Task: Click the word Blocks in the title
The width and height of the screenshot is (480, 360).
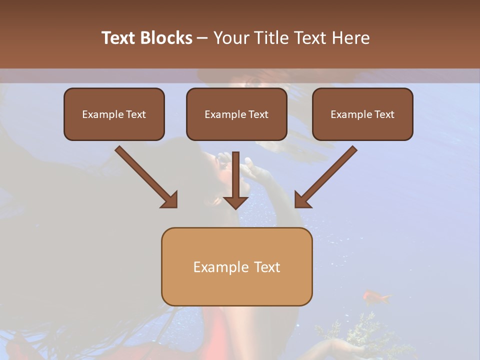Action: (x=165, y=38)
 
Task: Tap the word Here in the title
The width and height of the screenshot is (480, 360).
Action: (x=350, y=38)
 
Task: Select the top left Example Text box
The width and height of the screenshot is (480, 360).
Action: (x=114, y=114)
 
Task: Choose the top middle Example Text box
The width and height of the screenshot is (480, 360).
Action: (x=236, y=114)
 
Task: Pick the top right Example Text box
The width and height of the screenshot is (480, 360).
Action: (x=362, y=114)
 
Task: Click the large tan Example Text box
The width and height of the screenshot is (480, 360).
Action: (x=236, y=266)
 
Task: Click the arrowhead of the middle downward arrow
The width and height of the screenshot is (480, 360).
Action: (x=235, y=202)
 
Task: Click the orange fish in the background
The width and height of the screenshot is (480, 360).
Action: (x=375, y=297)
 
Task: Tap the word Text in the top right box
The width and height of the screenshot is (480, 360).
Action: (x=384, y=114)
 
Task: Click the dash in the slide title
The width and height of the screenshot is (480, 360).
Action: (x=202, y=38)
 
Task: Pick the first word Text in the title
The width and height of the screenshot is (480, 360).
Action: (x=118, y=38)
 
